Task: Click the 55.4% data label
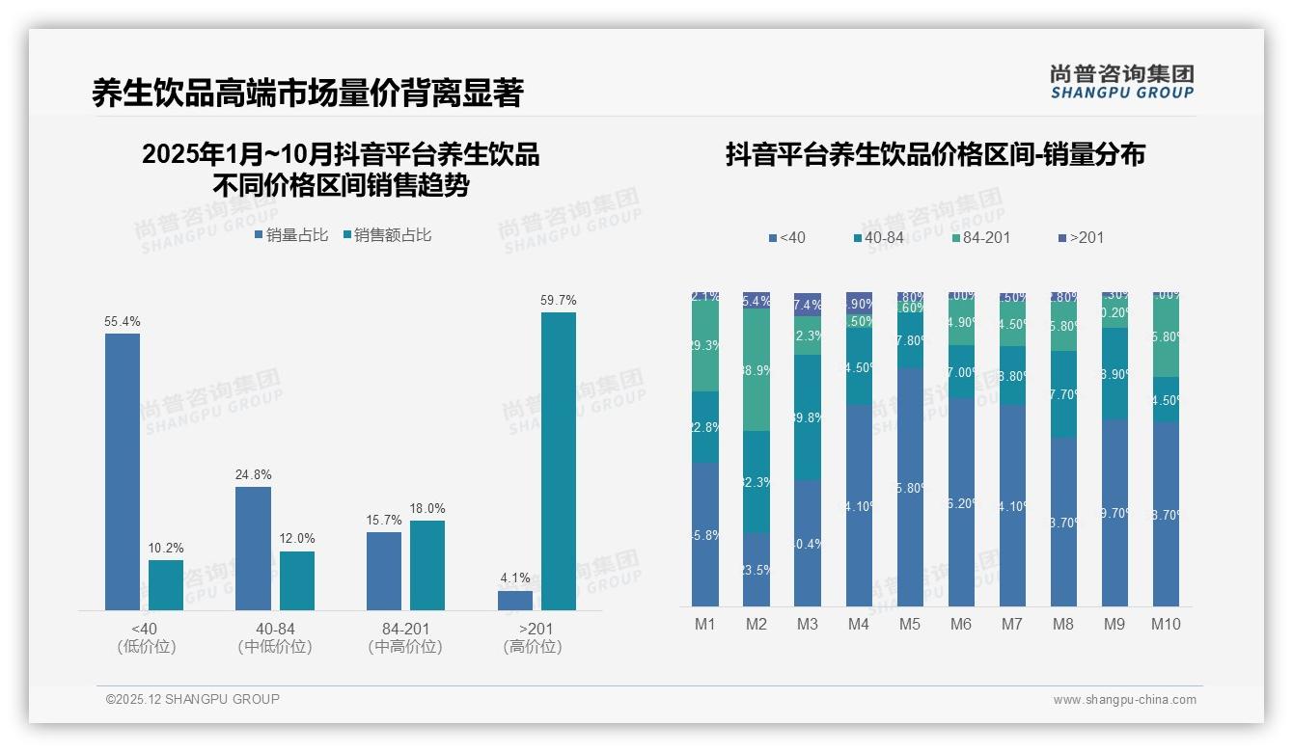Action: pos(123,321)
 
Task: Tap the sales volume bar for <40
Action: pos(123,471)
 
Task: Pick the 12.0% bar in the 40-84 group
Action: pos(297,580)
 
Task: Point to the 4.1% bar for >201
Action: pos(515,601)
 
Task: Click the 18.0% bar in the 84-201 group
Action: pos(427,565)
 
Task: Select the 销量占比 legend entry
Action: pos(290,234)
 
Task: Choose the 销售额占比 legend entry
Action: pos(386,234)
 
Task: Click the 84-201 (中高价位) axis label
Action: pos(405,638)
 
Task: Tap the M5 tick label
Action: pos(910,624)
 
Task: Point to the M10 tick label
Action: pos(1166,624)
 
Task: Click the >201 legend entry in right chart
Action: pos(1081,237)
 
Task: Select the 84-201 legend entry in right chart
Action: pos(980,237)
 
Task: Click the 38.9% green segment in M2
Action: pos(757,370)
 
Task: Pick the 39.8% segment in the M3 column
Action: pos(808,417)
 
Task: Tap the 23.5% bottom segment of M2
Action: pos(757,569)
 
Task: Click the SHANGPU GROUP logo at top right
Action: pos(1121,82)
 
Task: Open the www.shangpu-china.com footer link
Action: pos(1124,700)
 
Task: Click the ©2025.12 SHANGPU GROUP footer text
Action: pos(193,699)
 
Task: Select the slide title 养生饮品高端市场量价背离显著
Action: pos(307,93)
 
